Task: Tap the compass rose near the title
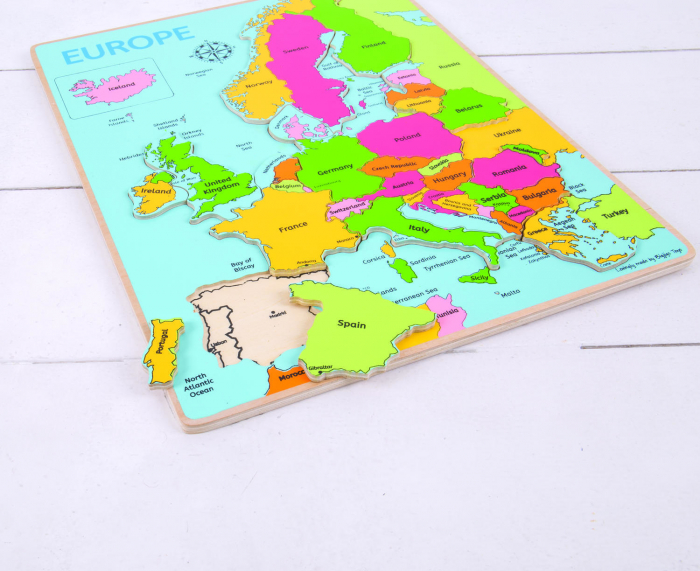[x=209, y=51]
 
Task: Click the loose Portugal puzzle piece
[x=164, y=351]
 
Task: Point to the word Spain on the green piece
[x=351, y=324]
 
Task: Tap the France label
[x=293, y=227]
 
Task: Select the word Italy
[x=418, y=228]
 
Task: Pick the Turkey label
[x=614, y=213]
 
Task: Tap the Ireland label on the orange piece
[x=156, y=190]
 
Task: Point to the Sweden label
[x=296, y=47]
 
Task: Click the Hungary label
[x=449, y=177]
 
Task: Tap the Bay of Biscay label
[x=242, y=264]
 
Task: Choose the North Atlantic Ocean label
[x=200, y=384]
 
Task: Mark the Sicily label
[x=480, y=277]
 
